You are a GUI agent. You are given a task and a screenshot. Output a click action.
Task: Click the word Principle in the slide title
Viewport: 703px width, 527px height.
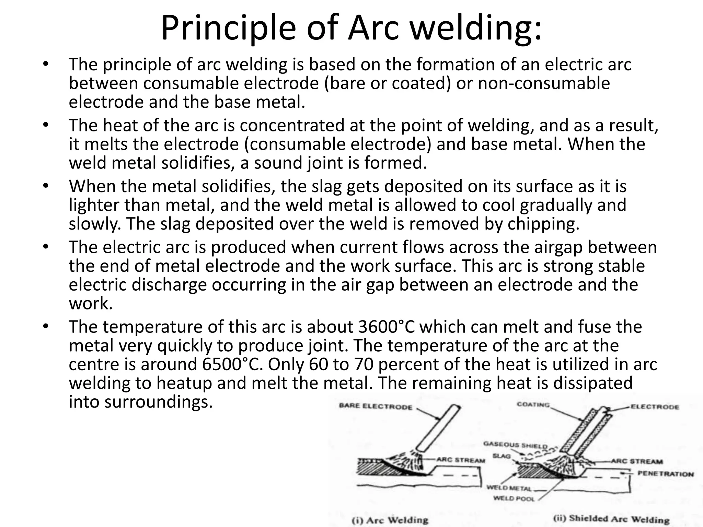(x=228, y=28)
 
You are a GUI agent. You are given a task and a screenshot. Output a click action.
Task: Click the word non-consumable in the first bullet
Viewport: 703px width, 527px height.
(x=544, y=83)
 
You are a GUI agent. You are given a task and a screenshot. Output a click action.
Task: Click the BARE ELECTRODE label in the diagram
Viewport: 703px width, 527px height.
(x=375, y=407)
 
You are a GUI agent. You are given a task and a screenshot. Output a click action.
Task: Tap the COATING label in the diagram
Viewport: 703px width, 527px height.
(x=533, y=405)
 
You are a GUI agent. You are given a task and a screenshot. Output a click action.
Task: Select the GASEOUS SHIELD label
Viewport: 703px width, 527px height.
(x=515, y=445)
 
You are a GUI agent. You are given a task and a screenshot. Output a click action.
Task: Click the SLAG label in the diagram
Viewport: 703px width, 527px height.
(x=502, y=456)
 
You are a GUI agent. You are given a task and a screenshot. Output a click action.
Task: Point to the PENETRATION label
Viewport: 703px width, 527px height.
(x=665, y=474)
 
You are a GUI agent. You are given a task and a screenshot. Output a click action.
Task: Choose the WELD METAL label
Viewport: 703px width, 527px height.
(x=509, y=488)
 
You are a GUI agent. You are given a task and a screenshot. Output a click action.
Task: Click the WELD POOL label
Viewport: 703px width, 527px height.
(x=514, y=499)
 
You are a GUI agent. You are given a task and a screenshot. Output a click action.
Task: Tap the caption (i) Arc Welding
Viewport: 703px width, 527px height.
(x=390, y=520)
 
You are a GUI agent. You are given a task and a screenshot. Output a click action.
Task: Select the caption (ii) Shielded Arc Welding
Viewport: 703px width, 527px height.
(x=611, y=519)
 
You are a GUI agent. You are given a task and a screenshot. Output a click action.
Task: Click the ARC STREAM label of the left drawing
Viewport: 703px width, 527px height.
(x=460, y=460)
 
